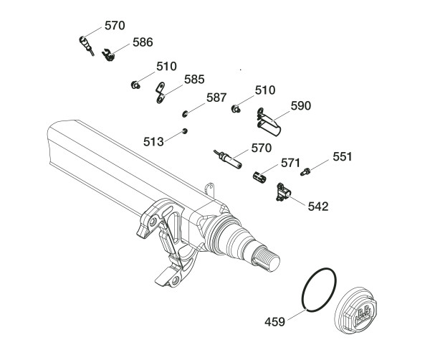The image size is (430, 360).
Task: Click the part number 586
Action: click(x=143, y=42)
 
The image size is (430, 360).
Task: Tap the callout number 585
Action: click(x=196, y=79)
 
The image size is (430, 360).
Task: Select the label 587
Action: click(x=217, y=98)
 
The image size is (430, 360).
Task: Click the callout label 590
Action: click(x=301, y=105)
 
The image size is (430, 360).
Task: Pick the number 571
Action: click(x=290, y=164)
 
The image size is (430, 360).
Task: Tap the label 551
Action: click(x=342, y=156)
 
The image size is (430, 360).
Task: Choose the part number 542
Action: click(x=317, y=207)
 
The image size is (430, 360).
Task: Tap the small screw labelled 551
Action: click(x=306, y=171)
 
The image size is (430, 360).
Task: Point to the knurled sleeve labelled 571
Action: click(x=262, y=175)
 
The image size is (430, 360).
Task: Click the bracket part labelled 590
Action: click(x=269, y=121)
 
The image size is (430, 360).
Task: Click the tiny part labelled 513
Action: click(x=185, y=131)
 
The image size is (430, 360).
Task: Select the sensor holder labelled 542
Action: click(x=283, y=191)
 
